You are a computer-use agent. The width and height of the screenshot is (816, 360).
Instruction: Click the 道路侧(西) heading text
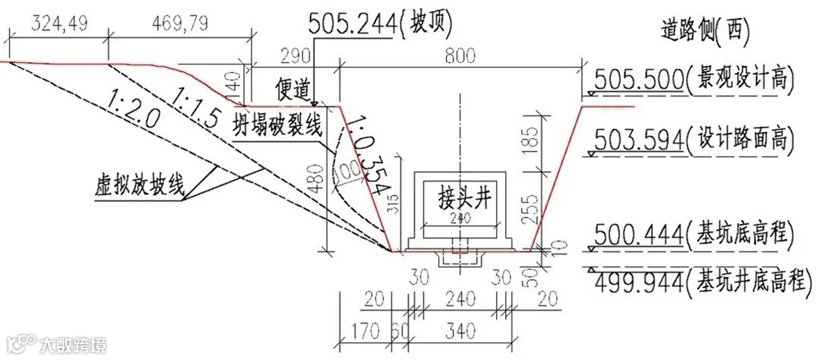(x=706, y=29)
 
